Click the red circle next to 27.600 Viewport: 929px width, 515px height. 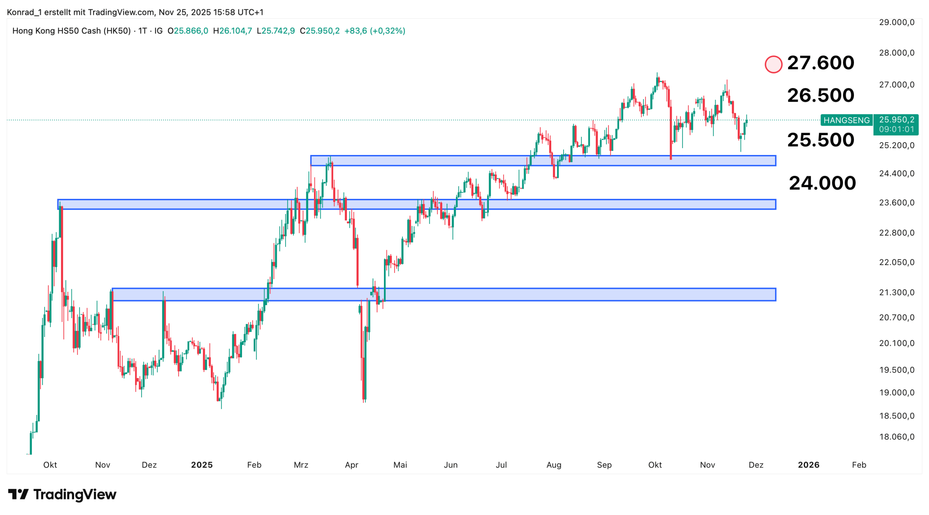tap(773, 65)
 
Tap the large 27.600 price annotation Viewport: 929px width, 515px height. tap(820, 63)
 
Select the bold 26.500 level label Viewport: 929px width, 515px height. tap(820, 95)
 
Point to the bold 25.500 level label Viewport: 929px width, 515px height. tap(820, 140)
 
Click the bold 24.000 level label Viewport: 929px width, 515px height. tap(822, 183)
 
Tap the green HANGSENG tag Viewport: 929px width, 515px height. tap(846, 120)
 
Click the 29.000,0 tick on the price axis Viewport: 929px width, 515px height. tap(896, 23)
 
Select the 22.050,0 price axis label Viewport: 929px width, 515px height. tap(896, 262)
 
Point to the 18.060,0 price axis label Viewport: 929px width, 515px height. tap(896, 437)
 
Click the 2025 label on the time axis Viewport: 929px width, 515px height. tap(202, 465)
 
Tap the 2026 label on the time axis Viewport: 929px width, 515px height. tap(808, 465)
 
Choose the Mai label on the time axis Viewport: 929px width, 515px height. tap(400, 465)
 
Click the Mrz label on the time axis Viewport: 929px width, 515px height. tap(301, 465)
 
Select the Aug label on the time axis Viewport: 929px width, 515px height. tap(554, 465)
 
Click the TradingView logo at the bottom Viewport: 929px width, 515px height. tap(62, 494)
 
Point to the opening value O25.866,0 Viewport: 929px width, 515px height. tap(188, 31)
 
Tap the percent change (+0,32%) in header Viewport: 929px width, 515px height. tap(387, 31)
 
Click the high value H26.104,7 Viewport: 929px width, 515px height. tap(232, 31)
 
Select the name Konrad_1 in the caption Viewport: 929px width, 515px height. tap(24, 12)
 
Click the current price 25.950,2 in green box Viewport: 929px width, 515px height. tap(896, 120)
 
